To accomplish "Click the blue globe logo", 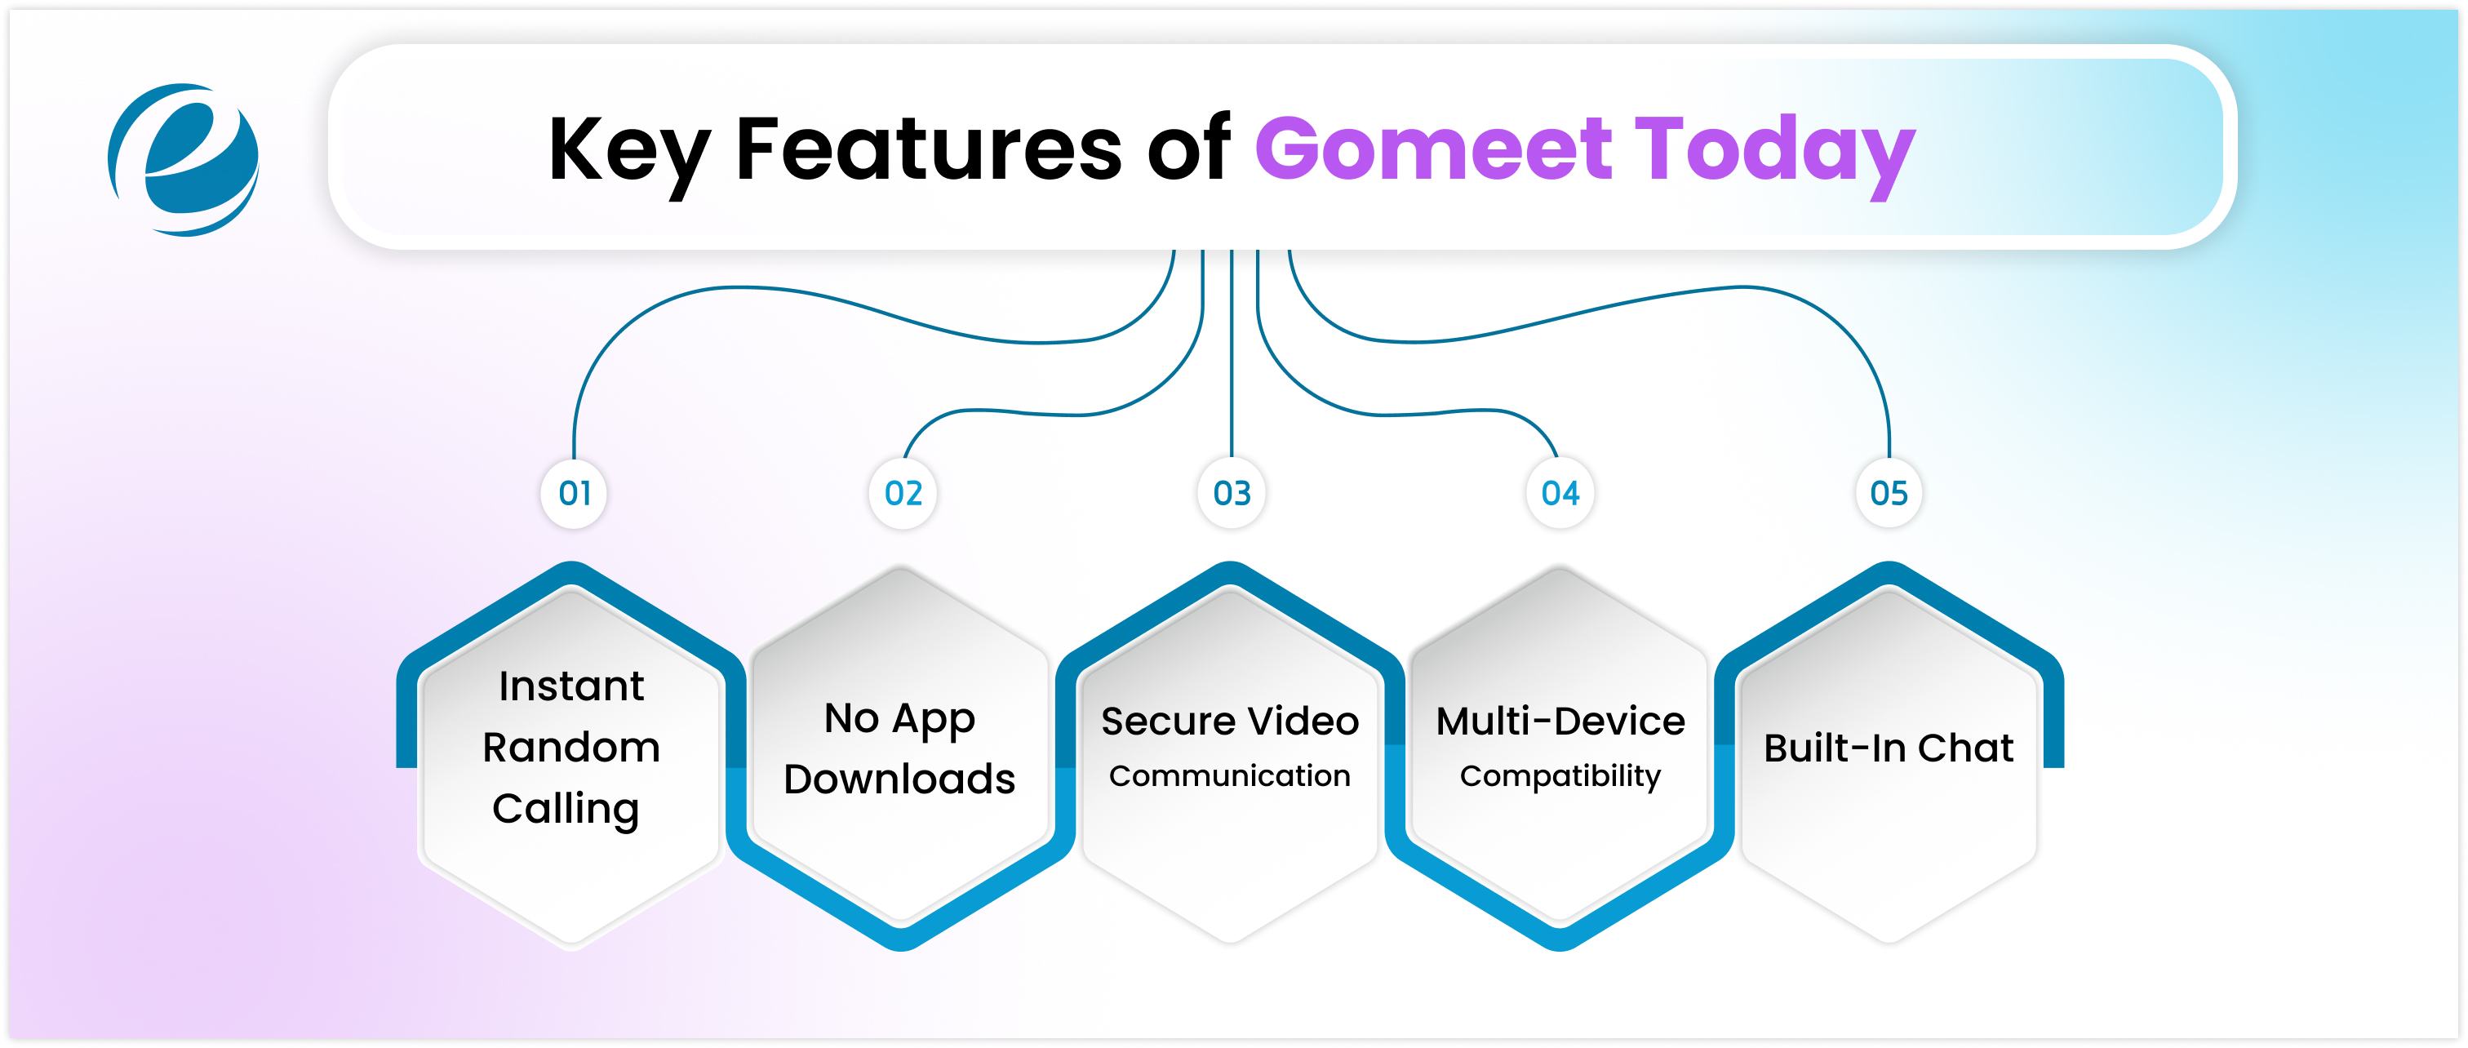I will [x=184, y=159].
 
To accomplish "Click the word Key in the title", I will [x=628, y=150].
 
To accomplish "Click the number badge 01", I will [x=574, y=493].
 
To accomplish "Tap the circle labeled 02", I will [x=903, y=493].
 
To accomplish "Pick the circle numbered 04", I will [x=1560, y=493].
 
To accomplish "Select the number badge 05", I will [x=1889, y=493].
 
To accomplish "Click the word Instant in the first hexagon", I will [x=571, y=686].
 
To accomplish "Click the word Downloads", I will [x=899, y=779].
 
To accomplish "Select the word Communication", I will [x=1229, y=775].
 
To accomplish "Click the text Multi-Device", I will [x=1560, y=722].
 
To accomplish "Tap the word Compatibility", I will [x=1560, y=776].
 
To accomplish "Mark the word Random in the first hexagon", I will [x=571, y=747].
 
